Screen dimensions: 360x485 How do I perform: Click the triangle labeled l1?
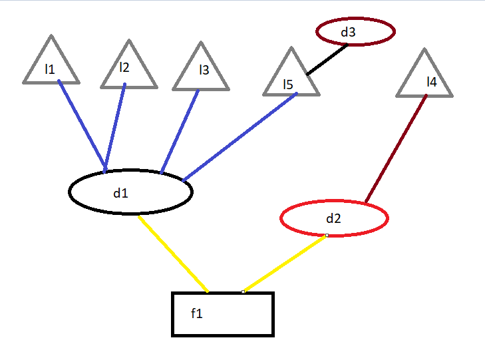pyautogui.click(x=51, y=67)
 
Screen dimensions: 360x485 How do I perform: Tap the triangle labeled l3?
pyautogui.click(x=201, y=73)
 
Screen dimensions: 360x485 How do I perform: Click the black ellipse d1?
pyautogui.click(x=130, y=192)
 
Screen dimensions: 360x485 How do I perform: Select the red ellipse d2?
pyautogui.click(x=334, y=218)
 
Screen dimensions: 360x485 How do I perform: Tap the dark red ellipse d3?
pyautogui.click(x=355, y=31)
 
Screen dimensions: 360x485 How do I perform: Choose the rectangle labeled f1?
pyautogui.click(x=223, y=314)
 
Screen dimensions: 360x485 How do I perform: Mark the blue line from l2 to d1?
pyautogui.click(x=114, y=126)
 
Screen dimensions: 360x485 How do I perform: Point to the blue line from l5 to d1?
pyautogui.click(x=240, y=136)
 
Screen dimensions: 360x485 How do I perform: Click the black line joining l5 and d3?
pyautogui.click(x=327, y=60)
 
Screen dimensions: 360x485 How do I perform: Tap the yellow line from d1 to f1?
pyautogui.click(x=173, y=254)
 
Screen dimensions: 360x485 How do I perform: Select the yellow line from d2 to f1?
pyautogui.click(x=285, y=264)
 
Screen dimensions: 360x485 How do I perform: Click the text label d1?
pyautogui.click(x=120, y=194)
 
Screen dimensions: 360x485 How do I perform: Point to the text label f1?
pyautogui.click(x=196, y=313)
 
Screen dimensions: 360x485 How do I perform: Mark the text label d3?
pyautogui.click(x=349, y=31)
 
